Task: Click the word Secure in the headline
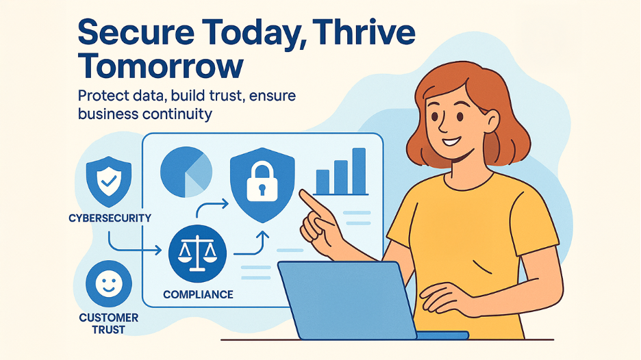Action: [x=136, y=32]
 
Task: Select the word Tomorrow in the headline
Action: [x=161, y=66]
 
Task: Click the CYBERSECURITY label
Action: [x=110, y=218]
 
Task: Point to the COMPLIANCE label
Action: [x=199, y=294]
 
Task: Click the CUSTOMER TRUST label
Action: [x=109, y=324]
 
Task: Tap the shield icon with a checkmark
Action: [x=109, y=181]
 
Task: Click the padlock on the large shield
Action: [x=262, y=181]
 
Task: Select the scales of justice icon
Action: [x=197, y=253]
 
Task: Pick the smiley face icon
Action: [x=109, y=283]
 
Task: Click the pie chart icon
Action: [x=186, y=172]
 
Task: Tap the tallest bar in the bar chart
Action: [x=359, y=171]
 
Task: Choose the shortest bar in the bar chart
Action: [x=323, y=182]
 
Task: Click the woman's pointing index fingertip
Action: [x=302, y=192]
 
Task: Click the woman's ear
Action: [x=491, y=121]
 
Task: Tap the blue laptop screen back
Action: [x=347, y=300]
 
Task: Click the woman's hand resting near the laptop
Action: [x=446, y=298]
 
